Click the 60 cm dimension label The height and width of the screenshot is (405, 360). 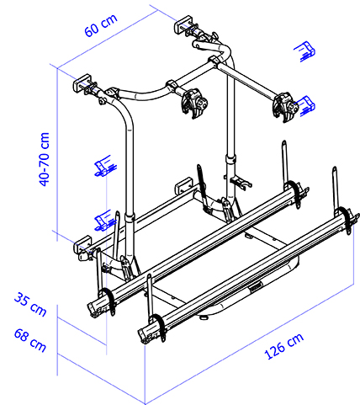point(101,25)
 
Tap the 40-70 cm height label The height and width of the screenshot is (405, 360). point(45,159)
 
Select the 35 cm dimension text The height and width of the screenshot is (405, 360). point(30,304)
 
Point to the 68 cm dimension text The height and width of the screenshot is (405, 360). point(30,340)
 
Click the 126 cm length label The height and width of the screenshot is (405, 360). point(283,346)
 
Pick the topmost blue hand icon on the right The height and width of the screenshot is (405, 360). point(305,51)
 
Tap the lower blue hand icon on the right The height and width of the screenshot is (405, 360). point(306,106)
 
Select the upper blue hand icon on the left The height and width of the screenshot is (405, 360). point(105,166)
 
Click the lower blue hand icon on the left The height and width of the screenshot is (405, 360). point(105,221)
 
